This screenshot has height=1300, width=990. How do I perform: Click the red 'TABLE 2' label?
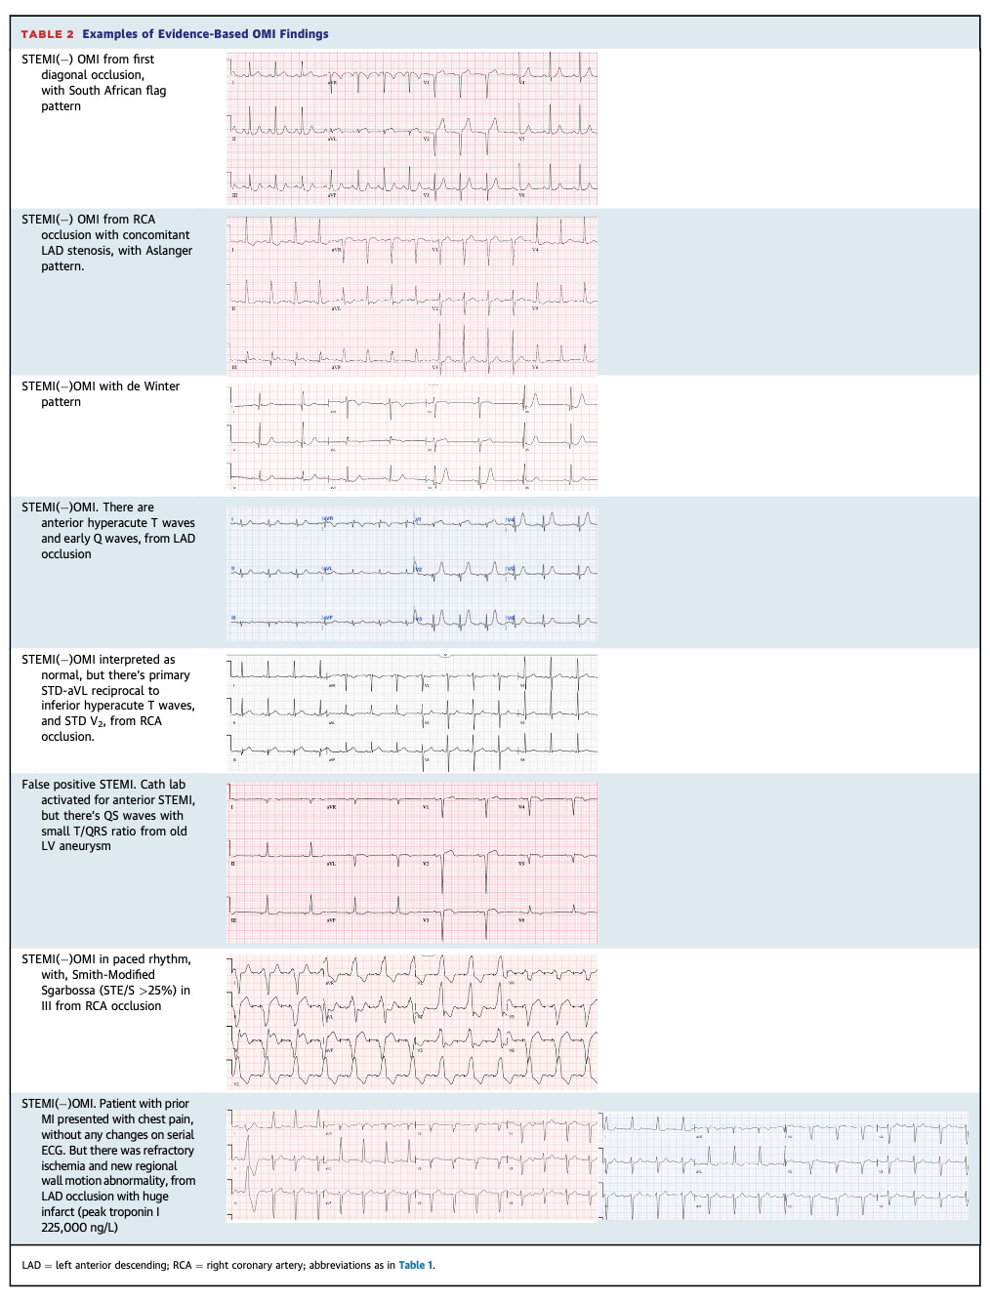click(47, 34)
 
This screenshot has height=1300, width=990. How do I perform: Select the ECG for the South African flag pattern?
click(411, 128)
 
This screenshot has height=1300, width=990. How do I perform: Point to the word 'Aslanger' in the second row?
click(169, 251)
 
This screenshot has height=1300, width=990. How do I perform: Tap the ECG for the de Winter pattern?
click(411, 436)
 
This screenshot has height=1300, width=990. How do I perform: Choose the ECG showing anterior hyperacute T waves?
click(411, 573)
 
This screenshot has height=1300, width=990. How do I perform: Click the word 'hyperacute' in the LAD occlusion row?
click(117, 523)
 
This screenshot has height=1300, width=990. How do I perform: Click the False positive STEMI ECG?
click(411, 862)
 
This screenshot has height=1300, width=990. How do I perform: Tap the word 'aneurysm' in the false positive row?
click(85, 846)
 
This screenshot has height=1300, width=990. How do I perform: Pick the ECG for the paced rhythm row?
click(411, 1021)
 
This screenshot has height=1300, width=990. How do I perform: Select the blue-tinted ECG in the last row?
click(785, 1165)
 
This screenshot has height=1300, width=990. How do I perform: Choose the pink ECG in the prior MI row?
click(411, 1165)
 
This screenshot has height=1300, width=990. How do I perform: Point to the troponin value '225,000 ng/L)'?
click(80, 1228)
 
